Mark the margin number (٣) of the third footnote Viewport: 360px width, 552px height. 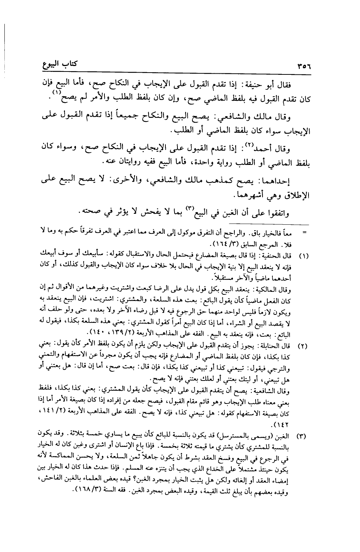coord(303,436)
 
